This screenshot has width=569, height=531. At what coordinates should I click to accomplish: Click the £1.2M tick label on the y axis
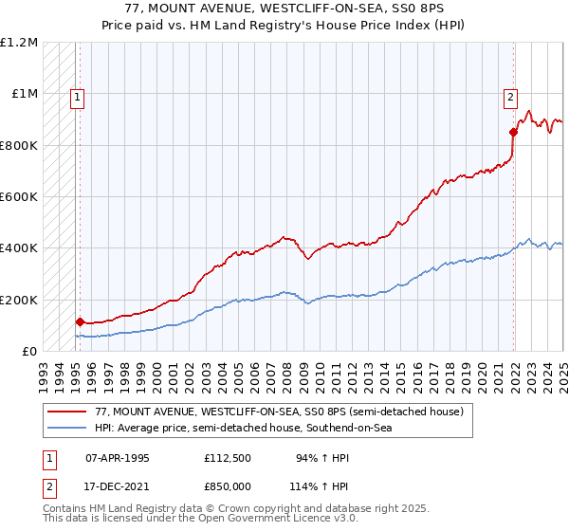point(19,43)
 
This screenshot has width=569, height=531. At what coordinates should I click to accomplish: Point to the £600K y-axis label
point(19,197)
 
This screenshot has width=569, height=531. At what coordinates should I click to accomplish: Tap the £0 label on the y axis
point(29,352)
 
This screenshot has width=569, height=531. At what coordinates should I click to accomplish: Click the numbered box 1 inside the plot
point(77,95)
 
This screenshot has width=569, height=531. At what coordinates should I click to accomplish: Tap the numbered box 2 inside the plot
point(510,95)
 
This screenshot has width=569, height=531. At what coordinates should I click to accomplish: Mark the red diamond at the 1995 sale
point(80,322)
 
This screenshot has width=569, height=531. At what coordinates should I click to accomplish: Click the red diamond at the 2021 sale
point(513,132)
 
